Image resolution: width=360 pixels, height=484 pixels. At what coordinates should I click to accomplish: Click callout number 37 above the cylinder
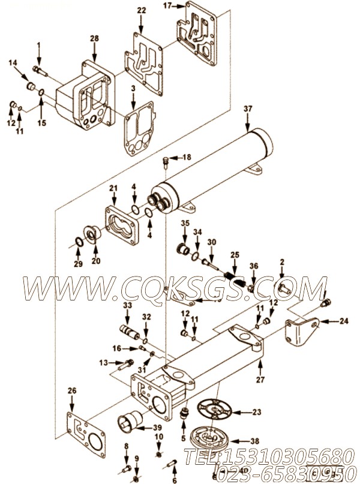(248, 109)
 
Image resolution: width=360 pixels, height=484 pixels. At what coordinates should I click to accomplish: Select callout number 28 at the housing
(94, 39)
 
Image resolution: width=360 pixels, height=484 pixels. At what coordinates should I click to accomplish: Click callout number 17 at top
(167, 5)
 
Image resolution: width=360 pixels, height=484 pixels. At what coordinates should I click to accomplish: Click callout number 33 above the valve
(127, 306)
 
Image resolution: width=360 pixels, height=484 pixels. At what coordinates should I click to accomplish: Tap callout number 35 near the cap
(185, 224)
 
